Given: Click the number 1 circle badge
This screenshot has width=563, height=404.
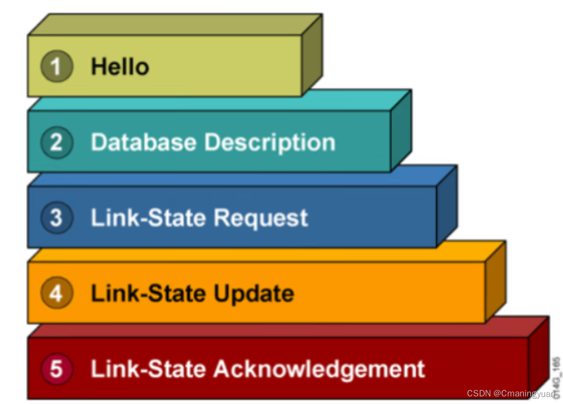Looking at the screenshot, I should (56, 67).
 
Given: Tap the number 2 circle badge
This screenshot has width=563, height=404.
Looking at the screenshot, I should (56, 143).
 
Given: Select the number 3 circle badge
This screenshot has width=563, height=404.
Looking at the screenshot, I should (56, 218).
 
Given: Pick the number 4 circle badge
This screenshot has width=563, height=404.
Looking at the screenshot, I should (56, 293).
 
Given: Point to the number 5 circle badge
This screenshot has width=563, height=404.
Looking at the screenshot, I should (56, 369).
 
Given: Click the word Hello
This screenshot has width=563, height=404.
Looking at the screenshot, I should (120, 67).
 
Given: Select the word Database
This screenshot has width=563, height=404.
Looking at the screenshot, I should (144, 143).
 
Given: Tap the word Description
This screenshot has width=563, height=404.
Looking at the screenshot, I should (269, 143).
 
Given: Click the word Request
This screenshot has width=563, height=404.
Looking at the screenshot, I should (261, 219).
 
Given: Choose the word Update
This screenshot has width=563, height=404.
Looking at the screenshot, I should (254, 294).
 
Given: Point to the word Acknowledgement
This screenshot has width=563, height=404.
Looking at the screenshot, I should (319, 369).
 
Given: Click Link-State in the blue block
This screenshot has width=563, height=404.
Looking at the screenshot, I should (148, 218).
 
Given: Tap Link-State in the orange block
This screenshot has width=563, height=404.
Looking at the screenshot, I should (148, 293).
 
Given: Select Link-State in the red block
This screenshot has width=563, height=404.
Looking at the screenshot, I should (148, 369).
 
